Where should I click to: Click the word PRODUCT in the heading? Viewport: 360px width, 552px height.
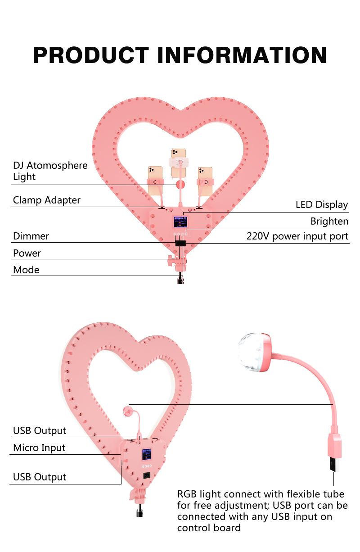click(x=90, y=55)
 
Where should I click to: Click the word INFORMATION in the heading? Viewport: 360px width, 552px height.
click(x=242, y=55)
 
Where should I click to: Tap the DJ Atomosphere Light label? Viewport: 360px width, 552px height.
click(x=50, y=171)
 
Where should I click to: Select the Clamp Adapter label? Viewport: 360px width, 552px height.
click(x=47, y=200)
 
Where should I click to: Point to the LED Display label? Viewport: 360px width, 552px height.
click(x=321, y=205)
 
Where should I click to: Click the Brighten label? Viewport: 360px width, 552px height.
click(x=329, y=222)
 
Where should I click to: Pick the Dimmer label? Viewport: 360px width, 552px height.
click(x=31, y=236)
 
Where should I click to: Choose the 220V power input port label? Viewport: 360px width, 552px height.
click(x=297, y=236)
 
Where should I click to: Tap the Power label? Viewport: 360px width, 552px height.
click(x=27, y=253)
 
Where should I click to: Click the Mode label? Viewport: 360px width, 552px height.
click(x=26, y=270)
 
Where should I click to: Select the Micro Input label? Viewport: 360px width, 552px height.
click(x=39, y=448)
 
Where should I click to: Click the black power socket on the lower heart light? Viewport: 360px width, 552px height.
click(x=146, y=475)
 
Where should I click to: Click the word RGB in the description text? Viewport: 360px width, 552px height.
click(x=186, y=494)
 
